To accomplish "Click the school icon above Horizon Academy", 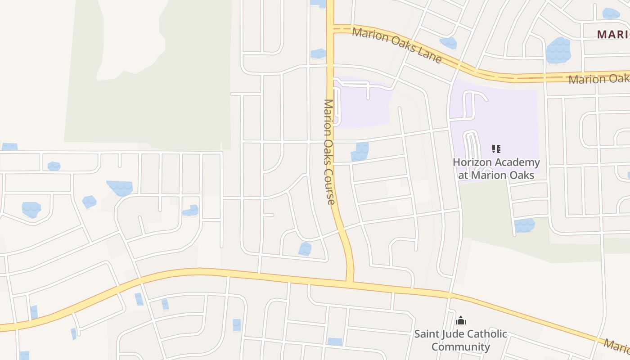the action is pyautogui.click(x=496, y=149).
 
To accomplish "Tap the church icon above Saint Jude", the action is pyautogui.click(x=460, y=320).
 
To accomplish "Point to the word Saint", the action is pyautogui.click(x=427, y=334).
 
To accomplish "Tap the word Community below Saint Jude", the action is pyautogui.click(x=460, y=347).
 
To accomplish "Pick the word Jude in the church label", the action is pyautogui.click(x=454, y=334).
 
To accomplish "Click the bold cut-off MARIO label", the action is pyautogui.click(x=613, y=34).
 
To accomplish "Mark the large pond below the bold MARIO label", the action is pyautogui.click(x=558, y=50).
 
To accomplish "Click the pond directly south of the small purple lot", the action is pyautogui.click(x=360, y=152).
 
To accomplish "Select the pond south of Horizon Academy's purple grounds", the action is pyautogui.click(x=524, y=225).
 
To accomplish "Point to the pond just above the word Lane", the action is pyautogui.click(x=448, y=43).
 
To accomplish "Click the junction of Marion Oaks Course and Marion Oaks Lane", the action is pyautogui.click(x=331, y=28).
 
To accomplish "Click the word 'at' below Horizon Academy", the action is pyautogui.click(x=463, y=175).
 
